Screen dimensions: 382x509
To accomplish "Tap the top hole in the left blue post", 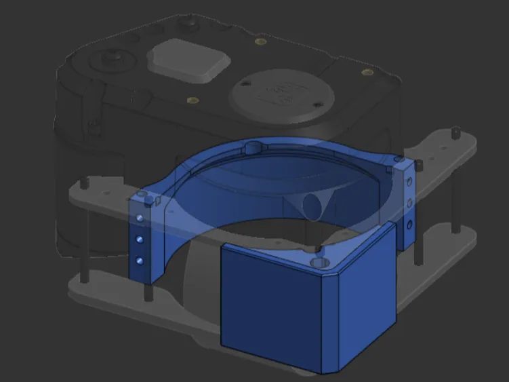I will point(140,218).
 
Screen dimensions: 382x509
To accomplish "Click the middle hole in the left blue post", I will point(140,239).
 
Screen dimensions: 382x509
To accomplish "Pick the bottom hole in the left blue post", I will point(140,260).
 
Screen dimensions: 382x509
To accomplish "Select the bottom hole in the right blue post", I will point(409,225).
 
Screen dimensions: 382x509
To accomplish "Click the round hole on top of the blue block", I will point(318,261).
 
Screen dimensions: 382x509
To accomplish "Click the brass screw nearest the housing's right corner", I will point(367,72).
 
